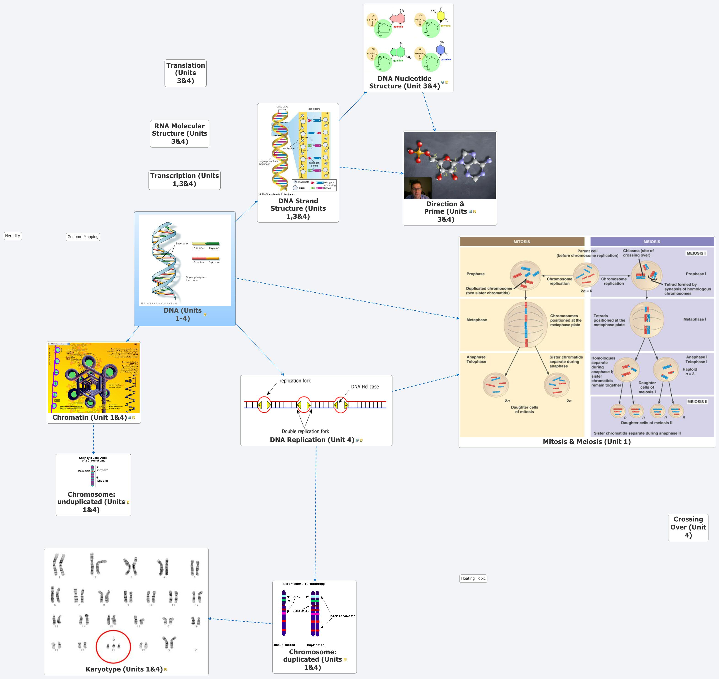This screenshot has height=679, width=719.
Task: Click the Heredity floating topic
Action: click(x=13, y=236)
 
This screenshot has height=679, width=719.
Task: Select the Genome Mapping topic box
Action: click(x=83, y=237)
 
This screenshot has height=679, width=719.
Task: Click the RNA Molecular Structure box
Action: click(x=180, y=134)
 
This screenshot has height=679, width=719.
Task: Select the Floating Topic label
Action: click(x=473, y=578)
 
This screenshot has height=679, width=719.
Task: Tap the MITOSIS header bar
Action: click(x=522, y=242)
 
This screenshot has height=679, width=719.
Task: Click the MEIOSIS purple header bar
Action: click(x=652, y=242)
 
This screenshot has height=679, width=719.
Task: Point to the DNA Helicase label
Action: click(x=365, y=386)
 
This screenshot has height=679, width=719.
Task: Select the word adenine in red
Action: click(x=398, y=27)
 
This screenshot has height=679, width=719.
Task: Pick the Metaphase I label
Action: click(x=694, y=319)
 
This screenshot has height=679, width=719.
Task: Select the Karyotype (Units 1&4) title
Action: click(x=124, y=669)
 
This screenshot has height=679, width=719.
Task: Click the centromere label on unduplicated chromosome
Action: click(x=84, y=471)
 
